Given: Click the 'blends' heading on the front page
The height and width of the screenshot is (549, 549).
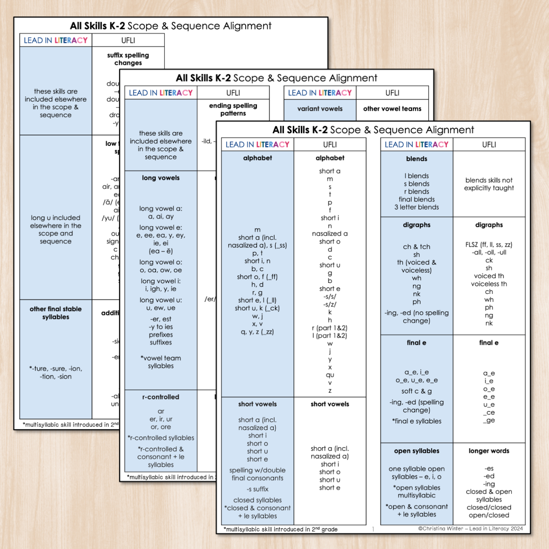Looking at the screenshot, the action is click(416, 159).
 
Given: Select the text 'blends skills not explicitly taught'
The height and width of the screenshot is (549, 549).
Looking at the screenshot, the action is click(489, 184).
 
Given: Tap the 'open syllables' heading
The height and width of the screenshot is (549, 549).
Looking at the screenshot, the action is click(416, 451).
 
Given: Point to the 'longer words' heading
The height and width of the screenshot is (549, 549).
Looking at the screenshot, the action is click(489, 451).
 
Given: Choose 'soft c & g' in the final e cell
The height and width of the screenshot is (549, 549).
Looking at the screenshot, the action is click(416, 391).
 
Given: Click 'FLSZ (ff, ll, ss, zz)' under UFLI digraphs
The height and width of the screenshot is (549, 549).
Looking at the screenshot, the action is click(489, 245).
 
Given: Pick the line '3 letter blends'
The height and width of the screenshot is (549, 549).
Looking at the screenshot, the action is click(416, 207).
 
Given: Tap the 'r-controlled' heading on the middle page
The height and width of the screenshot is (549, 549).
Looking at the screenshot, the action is click(161, 397).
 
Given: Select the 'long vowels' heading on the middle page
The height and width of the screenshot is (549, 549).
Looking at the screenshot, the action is click(161, 178).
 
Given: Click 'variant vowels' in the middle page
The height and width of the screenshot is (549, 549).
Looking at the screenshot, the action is click(320, 109).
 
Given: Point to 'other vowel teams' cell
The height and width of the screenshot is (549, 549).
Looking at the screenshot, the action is click(392, 109).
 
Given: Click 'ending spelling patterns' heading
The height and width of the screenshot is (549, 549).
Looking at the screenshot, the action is click(233, 109).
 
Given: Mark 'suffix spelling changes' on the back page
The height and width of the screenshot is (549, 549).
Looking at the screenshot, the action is click(128, 59).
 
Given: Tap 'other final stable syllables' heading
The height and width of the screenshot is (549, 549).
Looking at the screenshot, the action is click(56, 313).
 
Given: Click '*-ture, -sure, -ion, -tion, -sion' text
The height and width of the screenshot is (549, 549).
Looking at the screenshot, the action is click(56, 372).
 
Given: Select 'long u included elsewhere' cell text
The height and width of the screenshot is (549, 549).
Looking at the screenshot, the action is click(56, 230).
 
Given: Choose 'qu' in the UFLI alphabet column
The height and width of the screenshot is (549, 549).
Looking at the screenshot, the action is click(330, 375).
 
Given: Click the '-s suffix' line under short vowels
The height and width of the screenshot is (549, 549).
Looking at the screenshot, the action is click(257, 489).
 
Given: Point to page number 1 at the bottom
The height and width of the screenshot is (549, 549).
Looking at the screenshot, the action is click(373, 529).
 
